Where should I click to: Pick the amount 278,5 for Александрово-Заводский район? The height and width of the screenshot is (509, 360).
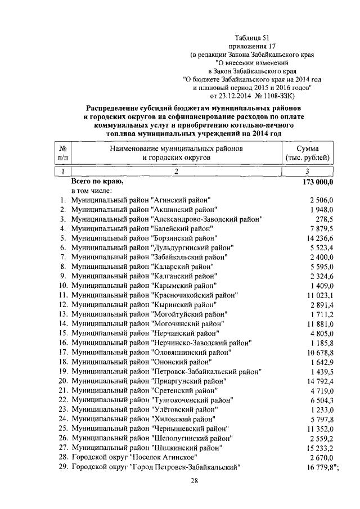tap(323, 219)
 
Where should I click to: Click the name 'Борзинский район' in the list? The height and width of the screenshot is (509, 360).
tap(182, 237)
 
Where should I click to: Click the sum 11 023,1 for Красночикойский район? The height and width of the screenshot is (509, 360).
tap(317, 295)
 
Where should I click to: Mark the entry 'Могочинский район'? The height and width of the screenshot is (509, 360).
tap(188, 323)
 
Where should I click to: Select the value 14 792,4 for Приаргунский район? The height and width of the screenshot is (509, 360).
tap(317, 381)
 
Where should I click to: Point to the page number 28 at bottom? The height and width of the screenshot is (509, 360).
tap(194, 481)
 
